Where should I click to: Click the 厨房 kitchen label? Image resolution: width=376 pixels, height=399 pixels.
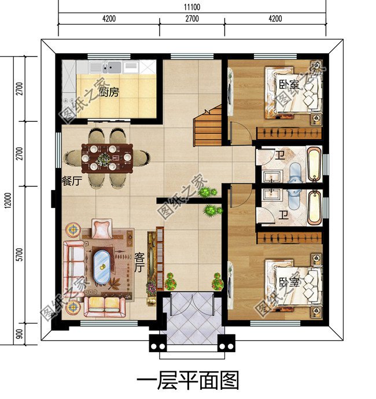click(x=109, y=92)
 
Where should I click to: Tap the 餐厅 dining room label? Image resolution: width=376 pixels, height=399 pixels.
click(x=72, y=181)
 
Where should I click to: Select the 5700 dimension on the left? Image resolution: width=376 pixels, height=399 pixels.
click(x=20, y=255)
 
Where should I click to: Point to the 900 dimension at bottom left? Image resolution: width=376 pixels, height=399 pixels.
click(x=20, y=333)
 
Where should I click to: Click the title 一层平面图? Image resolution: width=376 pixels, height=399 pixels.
click(x=187, y=381)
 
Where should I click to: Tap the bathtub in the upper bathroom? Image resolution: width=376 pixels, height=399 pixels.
click(x=314, y=165)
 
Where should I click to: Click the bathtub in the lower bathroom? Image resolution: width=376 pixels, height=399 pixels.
click(x=314, y=207)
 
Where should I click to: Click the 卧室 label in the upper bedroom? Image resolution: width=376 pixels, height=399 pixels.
click(x=287, y=85)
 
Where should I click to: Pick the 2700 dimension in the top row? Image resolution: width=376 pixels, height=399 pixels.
click(x=192, y=18)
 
